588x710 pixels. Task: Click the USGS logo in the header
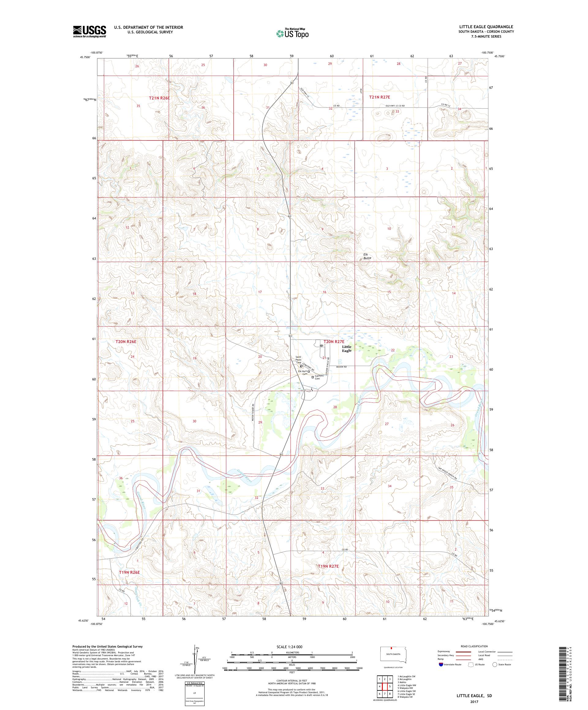[89, 32]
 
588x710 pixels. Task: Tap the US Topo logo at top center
[293, 33]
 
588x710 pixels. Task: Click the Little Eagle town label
[346, 349]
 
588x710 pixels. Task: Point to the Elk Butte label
[367, 256]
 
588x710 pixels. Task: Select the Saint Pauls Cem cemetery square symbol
[301, 366]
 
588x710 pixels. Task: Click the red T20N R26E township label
[126, 342]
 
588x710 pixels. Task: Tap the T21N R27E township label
[379, 97]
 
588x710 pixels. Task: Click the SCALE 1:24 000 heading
[292, 646]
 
